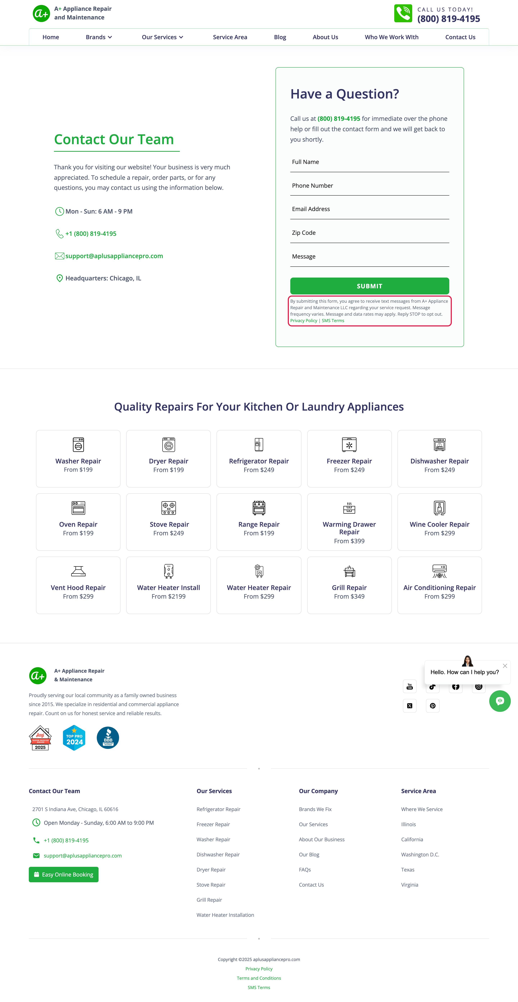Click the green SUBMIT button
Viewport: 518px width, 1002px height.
pos(369,286)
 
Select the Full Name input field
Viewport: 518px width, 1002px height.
pos(369,162)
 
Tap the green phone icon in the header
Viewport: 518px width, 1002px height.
pos(403,14)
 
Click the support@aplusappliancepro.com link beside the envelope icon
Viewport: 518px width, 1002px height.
pos(114,256)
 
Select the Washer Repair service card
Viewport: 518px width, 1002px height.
pos(78,459)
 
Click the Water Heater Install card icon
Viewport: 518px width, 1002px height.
pos(169,571)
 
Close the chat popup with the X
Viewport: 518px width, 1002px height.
pos(505,666)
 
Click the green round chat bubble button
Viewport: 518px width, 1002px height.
pos(500,701)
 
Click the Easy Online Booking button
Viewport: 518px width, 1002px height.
pos(63,874)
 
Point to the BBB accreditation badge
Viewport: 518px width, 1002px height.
pos(108,738)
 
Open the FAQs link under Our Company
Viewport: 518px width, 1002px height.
pos(305,870)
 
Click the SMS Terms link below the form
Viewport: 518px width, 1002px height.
pos(333,321)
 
